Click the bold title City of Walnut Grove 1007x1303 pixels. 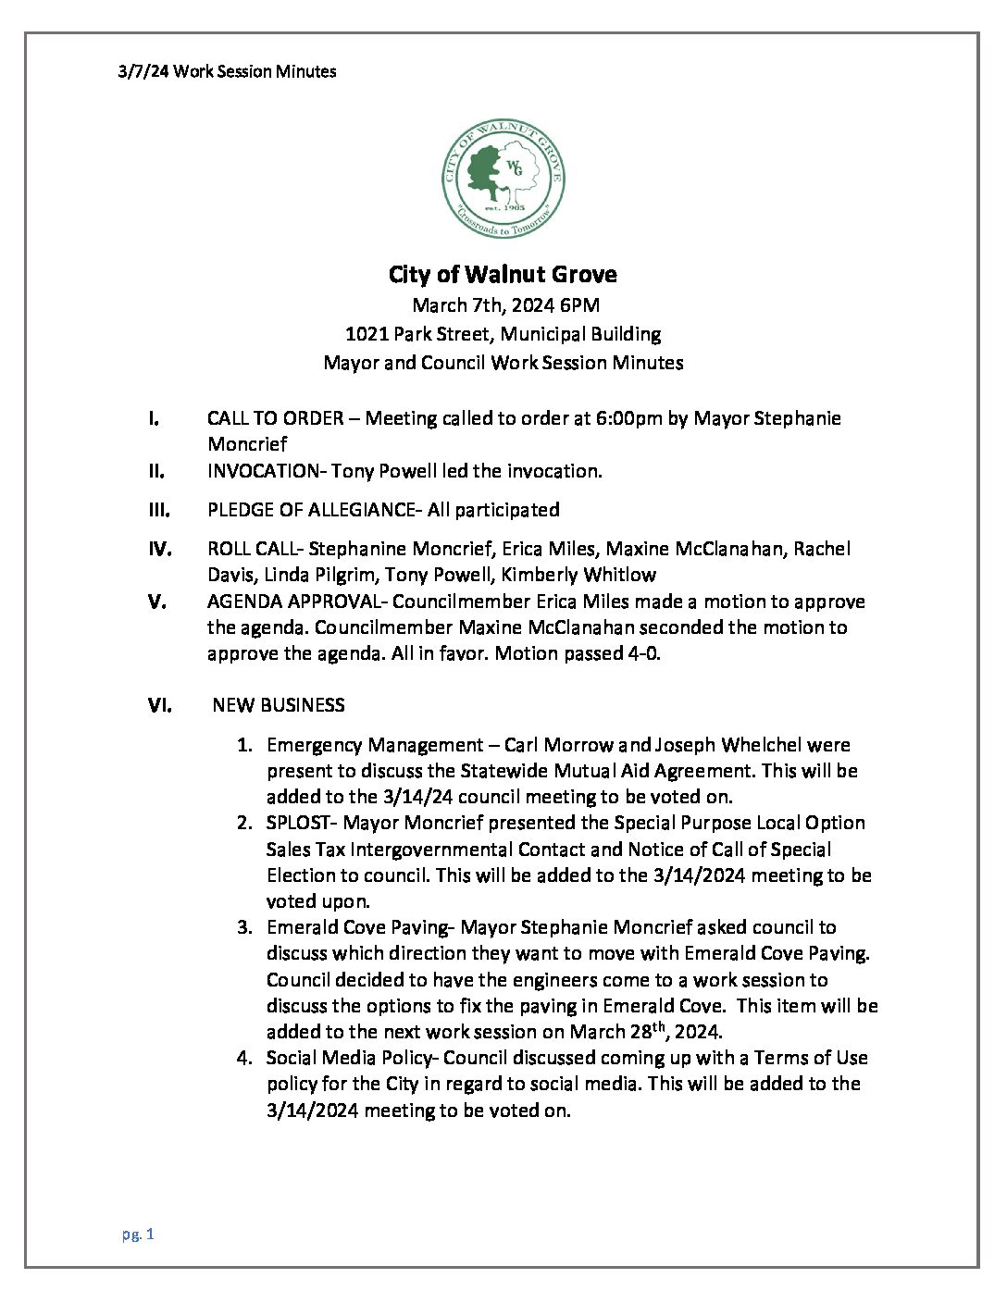pos(503,275)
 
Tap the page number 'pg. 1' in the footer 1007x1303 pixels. pos(137,1234)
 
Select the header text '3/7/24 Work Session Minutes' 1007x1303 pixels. pos(227,71)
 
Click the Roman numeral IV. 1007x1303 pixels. pos(160,549)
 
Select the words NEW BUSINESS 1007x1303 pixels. pos(279,705)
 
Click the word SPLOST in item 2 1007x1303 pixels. pos(295,823)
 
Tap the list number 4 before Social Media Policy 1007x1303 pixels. pos(243,1058)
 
